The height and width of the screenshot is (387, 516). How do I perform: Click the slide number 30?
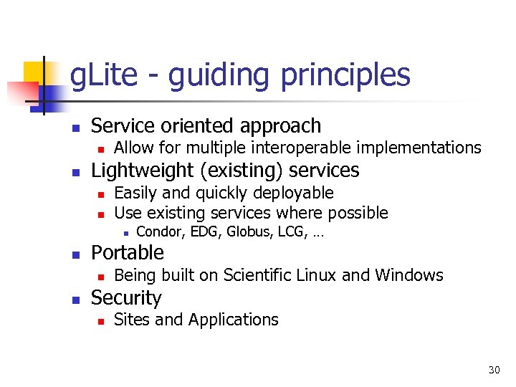pos(494,370)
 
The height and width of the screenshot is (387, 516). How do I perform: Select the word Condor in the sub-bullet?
pos(158,231)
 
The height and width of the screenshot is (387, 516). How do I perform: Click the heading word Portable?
pos(128,253)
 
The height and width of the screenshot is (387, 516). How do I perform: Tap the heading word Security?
pos(126,298)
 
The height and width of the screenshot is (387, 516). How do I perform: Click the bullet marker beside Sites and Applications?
pos(101,321)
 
